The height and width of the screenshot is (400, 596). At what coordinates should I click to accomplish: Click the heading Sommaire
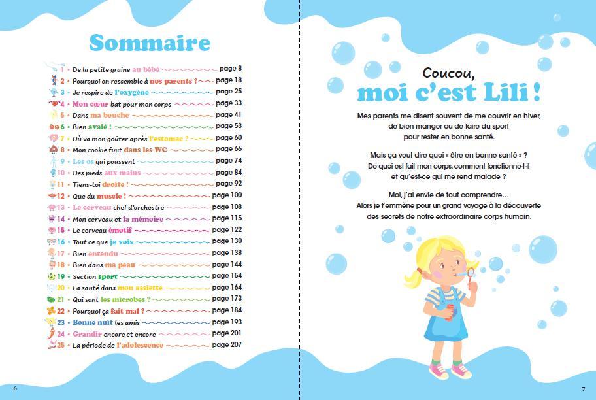[x=150, y=42]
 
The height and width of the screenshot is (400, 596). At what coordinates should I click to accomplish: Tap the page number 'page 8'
[x=231, y=69]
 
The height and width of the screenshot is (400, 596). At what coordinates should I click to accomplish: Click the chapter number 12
[x=61, y=196]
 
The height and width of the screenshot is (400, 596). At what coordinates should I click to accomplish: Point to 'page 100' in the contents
[x=227, y=195]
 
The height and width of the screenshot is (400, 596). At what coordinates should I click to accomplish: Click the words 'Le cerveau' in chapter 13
[x=89, y=207]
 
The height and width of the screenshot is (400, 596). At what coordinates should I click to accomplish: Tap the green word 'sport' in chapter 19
[x=108, y=276]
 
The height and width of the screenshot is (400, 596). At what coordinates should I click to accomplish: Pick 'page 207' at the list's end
[x=227, y=344]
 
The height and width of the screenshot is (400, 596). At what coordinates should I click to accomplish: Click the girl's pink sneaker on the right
[x=461, y=371]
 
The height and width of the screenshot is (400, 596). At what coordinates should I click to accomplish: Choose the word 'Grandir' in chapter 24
[x=87, y=334]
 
